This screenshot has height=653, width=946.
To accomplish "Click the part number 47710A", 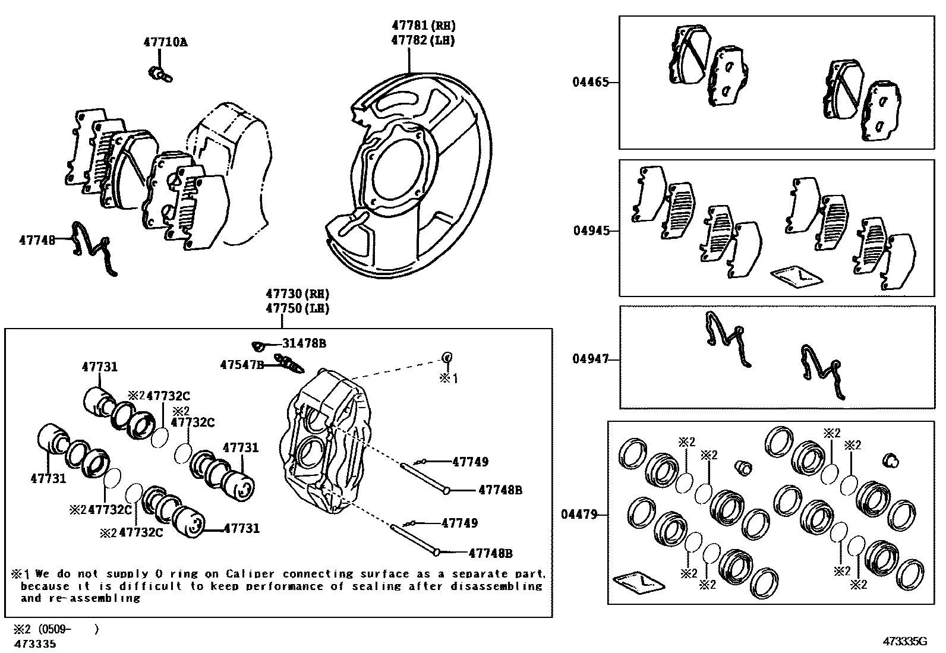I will coord(165,42).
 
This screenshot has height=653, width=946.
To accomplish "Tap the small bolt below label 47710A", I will coord(159,73).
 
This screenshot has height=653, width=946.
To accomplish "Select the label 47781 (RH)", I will coord(423,26).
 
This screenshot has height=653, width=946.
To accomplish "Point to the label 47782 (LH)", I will coord(423,40).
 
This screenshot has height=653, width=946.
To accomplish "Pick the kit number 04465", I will coord(591,82).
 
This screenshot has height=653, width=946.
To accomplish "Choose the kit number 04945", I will coord(591,231).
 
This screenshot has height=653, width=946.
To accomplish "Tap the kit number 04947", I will coord(591,359).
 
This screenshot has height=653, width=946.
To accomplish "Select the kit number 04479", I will coord(579,515).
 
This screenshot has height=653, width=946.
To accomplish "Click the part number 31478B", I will coord(304,343).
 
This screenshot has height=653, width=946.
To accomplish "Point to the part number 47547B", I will coord(241,364).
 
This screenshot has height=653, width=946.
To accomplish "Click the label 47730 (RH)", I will coord(297,294).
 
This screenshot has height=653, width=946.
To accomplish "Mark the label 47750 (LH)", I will coord(297,308).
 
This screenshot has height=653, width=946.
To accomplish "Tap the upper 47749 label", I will coord(470,462).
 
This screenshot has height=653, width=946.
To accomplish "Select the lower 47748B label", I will coord(490,553).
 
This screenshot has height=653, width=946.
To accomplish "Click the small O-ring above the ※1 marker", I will coord(446,357).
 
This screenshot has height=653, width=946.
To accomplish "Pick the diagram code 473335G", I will coord(905,641).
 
